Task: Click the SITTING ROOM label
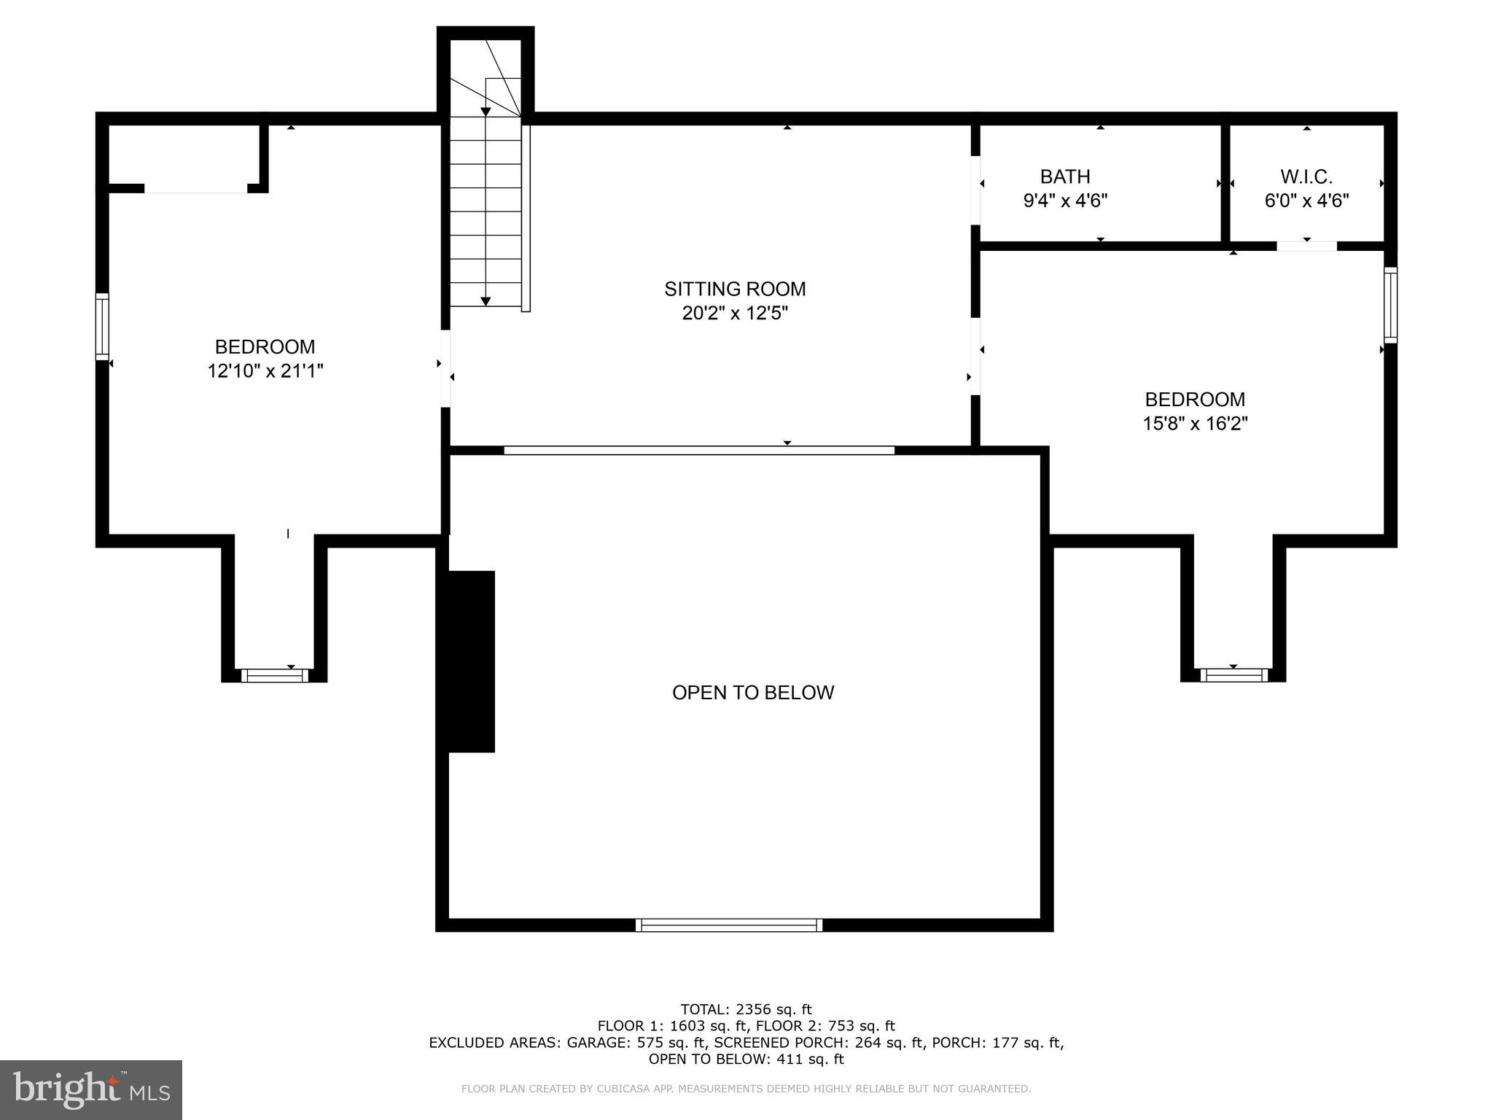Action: [735, 289]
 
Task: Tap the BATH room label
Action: [1065, 176]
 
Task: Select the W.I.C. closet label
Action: [1306, 176]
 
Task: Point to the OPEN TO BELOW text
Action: [753, 693]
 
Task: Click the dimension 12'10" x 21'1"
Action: [265, 371]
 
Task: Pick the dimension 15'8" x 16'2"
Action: [1195, 424]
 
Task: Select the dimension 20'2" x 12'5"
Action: [735, 314]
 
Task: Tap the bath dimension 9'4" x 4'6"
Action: [1065, 201]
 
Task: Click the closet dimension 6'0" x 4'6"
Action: [1306, 201]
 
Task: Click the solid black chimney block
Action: [471, 661]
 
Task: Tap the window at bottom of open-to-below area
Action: [729, 925]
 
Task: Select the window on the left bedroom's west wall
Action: [103, 327]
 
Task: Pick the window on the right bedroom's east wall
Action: [1390, 305]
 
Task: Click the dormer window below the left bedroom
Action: [275, 676]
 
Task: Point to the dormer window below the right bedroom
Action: [1233, 676]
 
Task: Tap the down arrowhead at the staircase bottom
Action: [486, 301]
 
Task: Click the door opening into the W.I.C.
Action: [1306, 246]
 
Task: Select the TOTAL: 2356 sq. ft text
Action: [746, 1009]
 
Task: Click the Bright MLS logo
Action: [91, 1089]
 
